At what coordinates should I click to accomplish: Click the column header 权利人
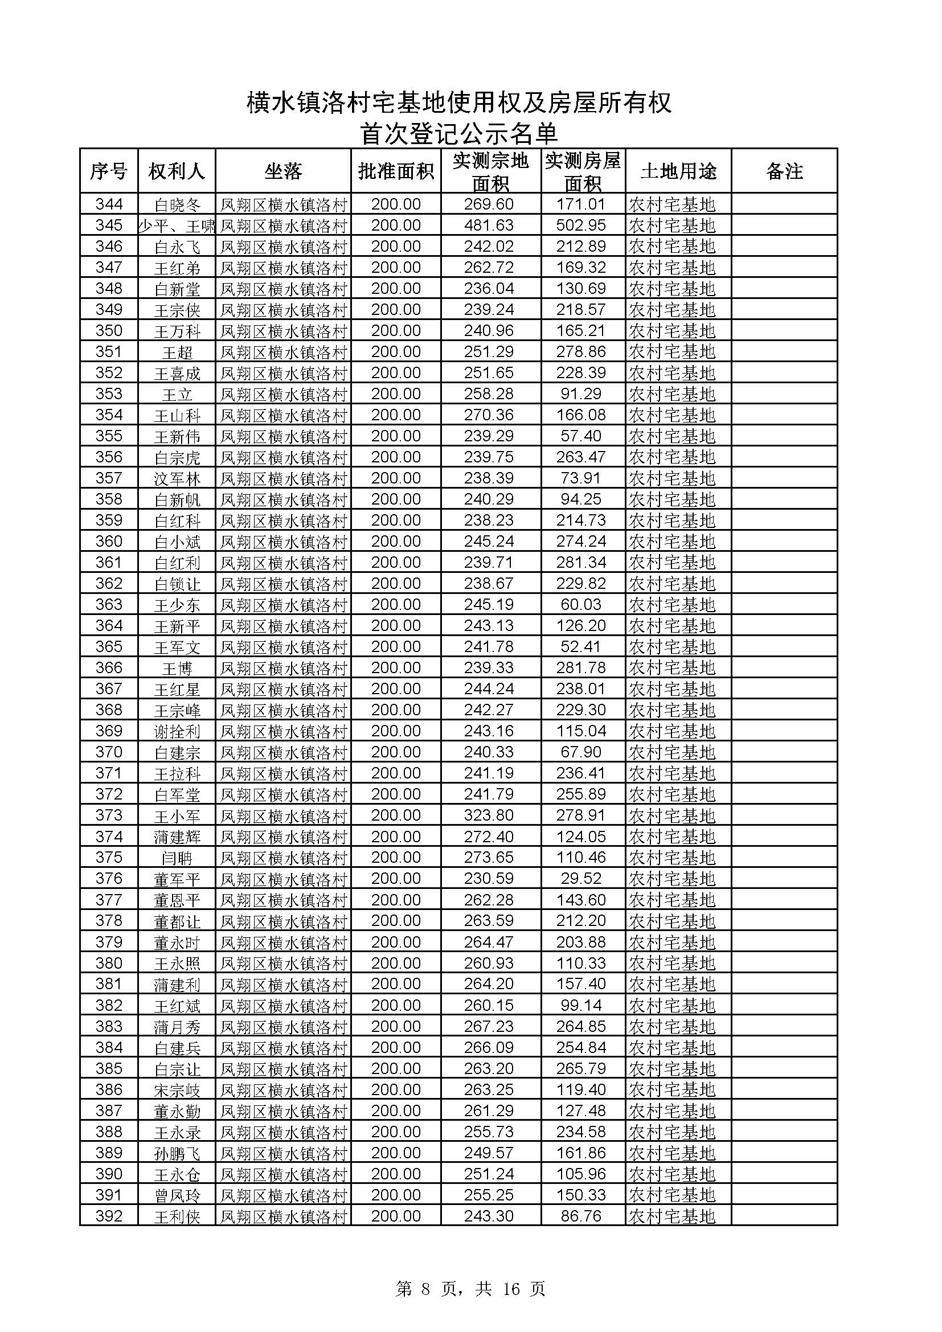click(177, 171)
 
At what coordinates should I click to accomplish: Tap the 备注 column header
click(784, 171)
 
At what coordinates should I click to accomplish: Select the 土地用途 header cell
click(678, 171)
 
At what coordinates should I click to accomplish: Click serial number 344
click(109, 204)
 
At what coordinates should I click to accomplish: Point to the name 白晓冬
click(177, 205)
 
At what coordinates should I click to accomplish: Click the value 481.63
click(489, 225)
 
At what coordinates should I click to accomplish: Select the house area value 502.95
click(581, 225)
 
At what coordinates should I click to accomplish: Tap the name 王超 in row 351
click(177, 352)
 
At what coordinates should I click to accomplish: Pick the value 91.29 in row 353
click(581, 394)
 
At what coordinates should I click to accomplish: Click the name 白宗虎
click(177, 458)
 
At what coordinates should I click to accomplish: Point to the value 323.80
click(489, 815)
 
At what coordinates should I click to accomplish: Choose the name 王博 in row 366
click(177, 669)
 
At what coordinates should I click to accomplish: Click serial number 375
click(109, 858)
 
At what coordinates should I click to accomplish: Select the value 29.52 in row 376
click(581, 878)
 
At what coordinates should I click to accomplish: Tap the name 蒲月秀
click(177, 1027)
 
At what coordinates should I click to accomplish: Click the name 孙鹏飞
click(177, 1153)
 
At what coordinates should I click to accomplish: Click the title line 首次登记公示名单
click(458, 133)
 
